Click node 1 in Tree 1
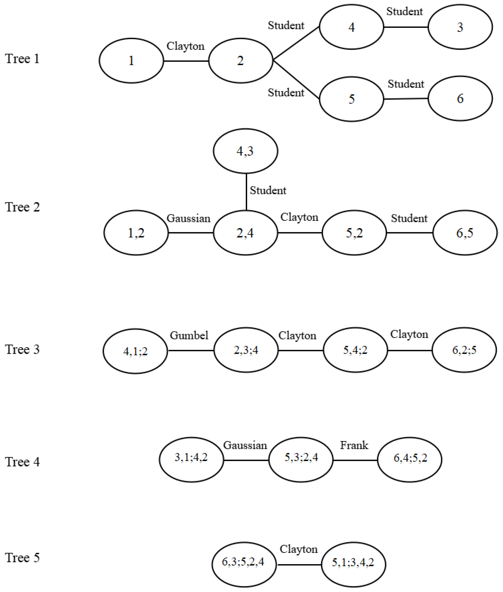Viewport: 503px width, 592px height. pos(131,61)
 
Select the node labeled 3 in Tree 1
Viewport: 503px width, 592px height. pos(460,27)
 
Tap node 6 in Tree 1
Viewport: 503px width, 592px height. pos(460,99)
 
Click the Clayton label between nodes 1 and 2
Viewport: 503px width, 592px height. pos(185,46)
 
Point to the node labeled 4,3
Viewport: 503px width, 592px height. pos(245,151)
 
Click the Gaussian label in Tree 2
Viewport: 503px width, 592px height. pos(189,218)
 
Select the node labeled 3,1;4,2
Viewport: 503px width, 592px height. pos(191,457)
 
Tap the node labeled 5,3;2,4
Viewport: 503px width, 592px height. pos(301,457)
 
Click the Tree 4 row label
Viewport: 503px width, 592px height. pos(22,462)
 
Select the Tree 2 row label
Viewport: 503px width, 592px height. pos(22,207)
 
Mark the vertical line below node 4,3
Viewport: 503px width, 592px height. pos(246,192)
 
